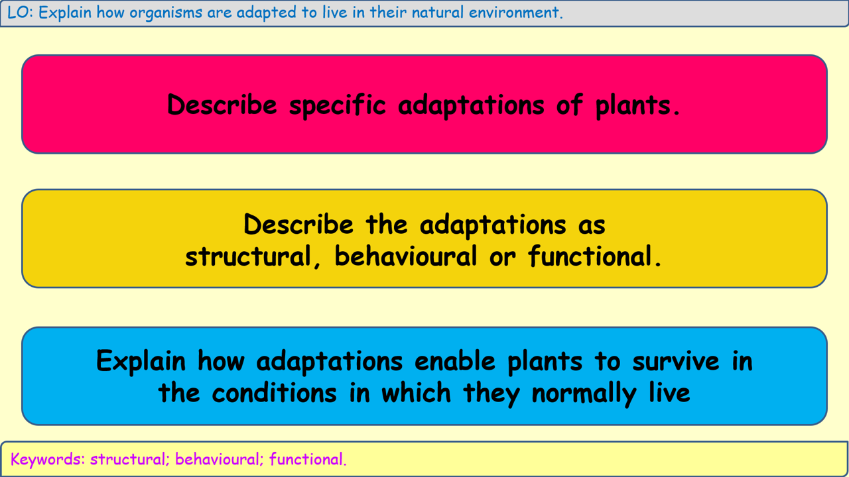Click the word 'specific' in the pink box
coord(338,105)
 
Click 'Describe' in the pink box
coord(222,105)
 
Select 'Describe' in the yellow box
coord(298,225)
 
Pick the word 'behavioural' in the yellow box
coord(406,256)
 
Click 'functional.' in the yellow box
coord(595,256)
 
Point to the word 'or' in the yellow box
coord(503,256)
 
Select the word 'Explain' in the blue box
coord(141,361)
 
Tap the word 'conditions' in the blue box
coord(275,393)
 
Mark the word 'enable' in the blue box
coord(455,361)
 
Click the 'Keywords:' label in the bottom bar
coord(47,459)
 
